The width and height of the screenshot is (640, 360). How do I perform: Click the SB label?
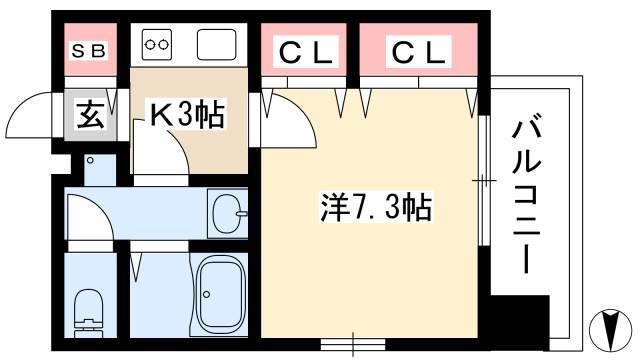[x=89, y=51]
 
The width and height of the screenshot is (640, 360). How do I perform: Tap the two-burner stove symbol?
[x=157, y=44]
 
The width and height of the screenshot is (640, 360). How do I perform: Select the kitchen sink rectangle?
[x=217, y=44]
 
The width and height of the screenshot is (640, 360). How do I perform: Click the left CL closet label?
[x=305, y=53]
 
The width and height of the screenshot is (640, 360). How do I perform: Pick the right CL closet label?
[x=418, y=53]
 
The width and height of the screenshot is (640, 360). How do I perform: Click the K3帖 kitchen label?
[x=187, y=114]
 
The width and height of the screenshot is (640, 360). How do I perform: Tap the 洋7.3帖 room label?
[x=376, y=207]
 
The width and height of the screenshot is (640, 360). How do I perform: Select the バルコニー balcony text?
[x=527, y=197]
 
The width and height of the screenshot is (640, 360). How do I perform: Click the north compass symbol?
[x=611, y=327]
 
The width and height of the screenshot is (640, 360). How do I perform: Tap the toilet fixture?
[x=89, y=313]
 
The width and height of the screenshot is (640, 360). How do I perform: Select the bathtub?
[x=219, y=295]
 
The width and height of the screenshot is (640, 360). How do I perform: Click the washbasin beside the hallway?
[x=228, y=213]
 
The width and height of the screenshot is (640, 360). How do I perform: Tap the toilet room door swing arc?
[x=95, y=209]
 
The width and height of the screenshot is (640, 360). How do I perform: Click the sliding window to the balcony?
[x=484, y=180]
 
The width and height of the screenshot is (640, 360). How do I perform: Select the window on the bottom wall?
[x=353, y=344]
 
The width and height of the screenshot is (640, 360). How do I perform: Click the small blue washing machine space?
[x=100, y=170]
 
